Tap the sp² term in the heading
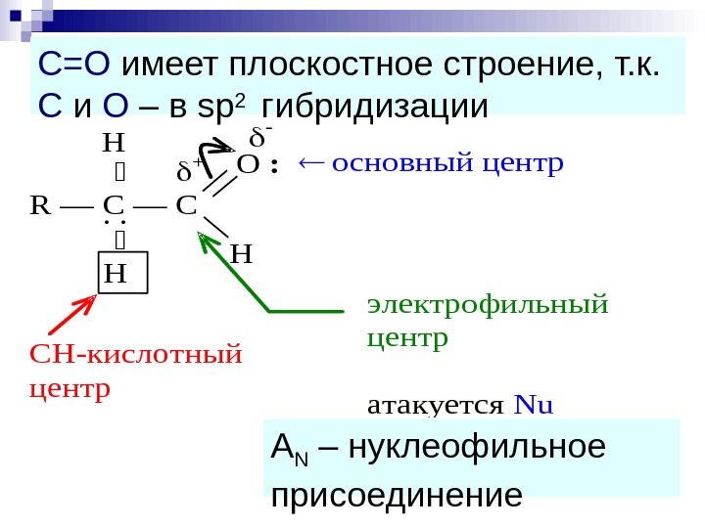click(220, 106)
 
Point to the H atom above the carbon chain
click(115, 144)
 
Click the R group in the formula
click(40, 206)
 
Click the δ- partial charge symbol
click(261, 133)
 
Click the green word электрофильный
click(487, 304)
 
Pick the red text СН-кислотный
click(135, 353)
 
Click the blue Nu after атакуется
click(534, 404)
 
